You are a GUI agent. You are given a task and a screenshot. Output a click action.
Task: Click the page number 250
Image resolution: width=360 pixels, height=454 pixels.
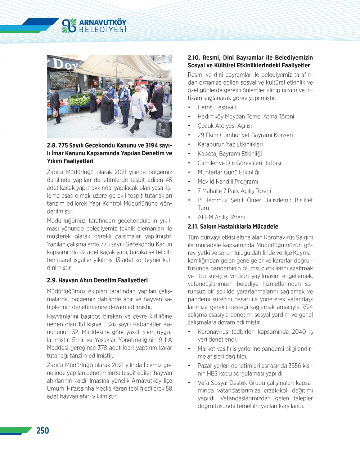tap(42, 431)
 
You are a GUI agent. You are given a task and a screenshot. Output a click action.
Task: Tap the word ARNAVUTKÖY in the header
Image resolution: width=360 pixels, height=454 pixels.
tap(103, 22)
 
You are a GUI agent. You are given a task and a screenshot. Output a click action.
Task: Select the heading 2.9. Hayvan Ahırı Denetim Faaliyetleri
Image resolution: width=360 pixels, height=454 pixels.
tap(97, 280)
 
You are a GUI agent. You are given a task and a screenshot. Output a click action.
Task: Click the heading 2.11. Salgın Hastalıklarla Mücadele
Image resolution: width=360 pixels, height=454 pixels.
tap(233, 227)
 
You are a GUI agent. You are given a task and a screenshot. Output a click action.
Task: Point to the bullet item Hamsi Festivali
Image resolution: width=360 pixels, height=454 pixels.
tap(217, 107)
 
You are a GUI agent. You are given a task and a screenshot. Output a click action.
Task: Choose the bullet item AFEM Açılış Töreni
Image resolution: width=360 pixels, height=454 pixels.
tap(221, 217)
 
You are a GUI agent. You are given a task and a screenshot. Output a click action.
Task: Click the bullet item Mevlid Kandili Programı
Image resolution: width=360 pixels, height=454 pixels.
tap(228, 182)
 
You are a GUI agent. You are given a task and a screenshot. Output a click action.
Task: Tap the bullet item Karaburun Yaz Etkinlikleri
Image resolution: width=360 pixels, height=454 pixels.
tap(230, 144)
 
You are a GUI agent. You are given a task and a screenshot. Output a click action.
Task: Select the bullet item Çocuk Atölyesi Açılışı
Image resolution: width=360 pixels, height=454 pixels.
tap(225, 126)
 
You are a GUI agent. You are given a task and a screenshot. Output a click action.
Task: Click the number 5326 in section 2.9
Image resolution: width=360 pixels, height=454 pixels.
tap(112, 324)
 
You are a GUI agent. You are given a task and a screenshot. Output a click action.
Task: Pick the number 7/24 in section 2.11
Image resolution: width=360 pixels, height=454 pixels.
tap(307, 307)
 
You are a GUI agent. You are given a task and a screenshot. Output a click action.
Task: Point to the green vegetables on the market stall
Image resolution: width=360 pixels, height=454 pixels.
tap(79, 101)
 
